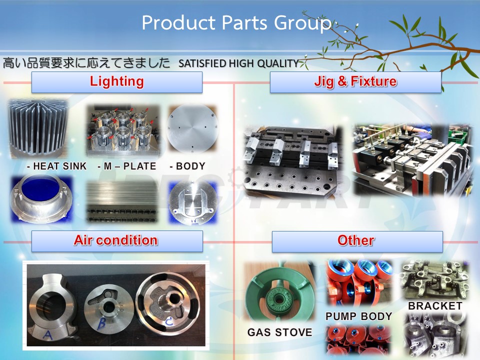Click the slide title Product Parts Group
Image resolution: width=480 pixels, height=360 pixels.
click(x=236, y=23)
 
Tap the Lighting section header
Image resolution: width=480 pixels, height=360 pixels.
click(x=116, y=82)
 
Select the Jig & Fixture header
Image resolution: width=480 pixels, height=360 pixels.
click(x=355, y=82)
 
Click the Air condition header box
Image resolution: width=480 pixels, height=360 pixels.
click(x=117, y=241)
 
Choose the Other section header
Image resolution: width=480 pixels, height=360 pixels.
click(x=357, y=241)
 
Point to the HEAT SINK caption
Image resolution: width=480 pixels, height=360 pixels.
click(x=57, y=166)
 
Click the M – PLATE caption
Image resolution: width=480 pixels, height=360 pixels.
click(x=126, y=166)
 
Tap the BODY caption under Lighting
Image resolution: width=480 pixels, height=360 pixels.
click(x=187, y=166)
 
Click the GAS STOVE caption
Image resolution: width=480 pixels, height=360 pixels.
click(x=280, y=332)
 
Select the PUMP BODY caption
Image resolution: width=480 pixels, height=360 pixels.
click(x=359, y=316)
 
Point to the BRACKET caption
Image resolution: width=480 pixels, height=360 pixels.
click(x=435, y=306)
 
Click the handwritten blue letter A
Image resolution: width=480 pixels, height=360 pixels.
click(x=47, y=334)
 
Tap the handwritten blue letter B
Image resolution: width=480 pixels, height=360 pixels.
click(x=101, y=323)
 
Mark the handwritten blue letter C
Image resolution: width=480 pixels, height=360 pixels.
click(x=169, y=321)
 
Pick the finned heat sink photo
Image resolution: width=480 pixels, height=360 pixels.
click(x=38, y=128)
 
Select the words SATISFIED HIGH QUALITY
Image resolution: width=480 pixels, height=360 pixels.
click(x=238, y=63)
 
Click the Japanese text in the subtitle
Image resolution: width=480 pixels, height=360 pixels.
click(x=86, y=63)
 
